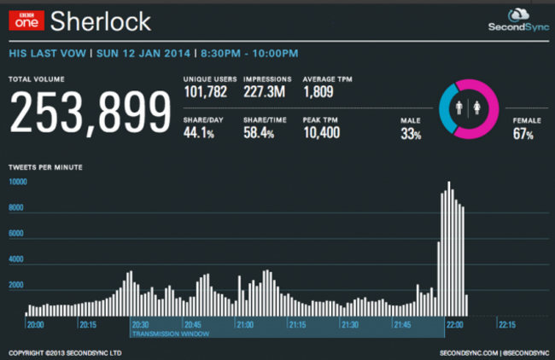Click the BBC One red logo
click(26, 20)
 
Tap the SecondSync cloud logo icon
click(518, 15)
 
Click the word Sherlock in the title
click(101, 21)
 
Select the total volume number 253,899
click(91, 112)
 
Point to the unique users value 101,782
click(205, 92)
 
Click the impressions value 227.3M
click(264, 92)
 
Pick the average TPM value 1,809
click(318, 92)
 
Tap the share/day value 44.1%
click(199, 132)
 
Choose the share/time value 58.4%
click(259, 132)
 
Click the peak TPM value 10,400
click(321, 132)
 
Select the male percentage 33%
click(411, 134)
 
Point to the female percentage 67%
click(523, 134)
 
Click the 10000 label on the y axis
click(18, 182)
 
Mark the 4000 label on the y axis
click(16, 259)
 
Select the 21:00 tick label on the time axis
click(244, 325)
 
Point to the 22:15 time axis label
click(507, 325)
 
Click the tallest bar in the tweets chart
click(449, 248)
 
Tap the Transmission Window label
click(171, 334)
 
